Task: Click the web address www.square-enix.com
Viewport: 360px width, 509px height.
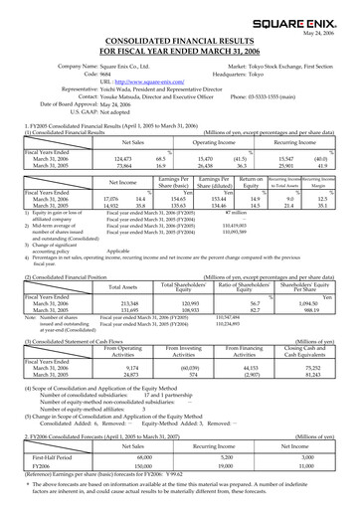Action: pyautogui.click(x=138, y=80)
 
